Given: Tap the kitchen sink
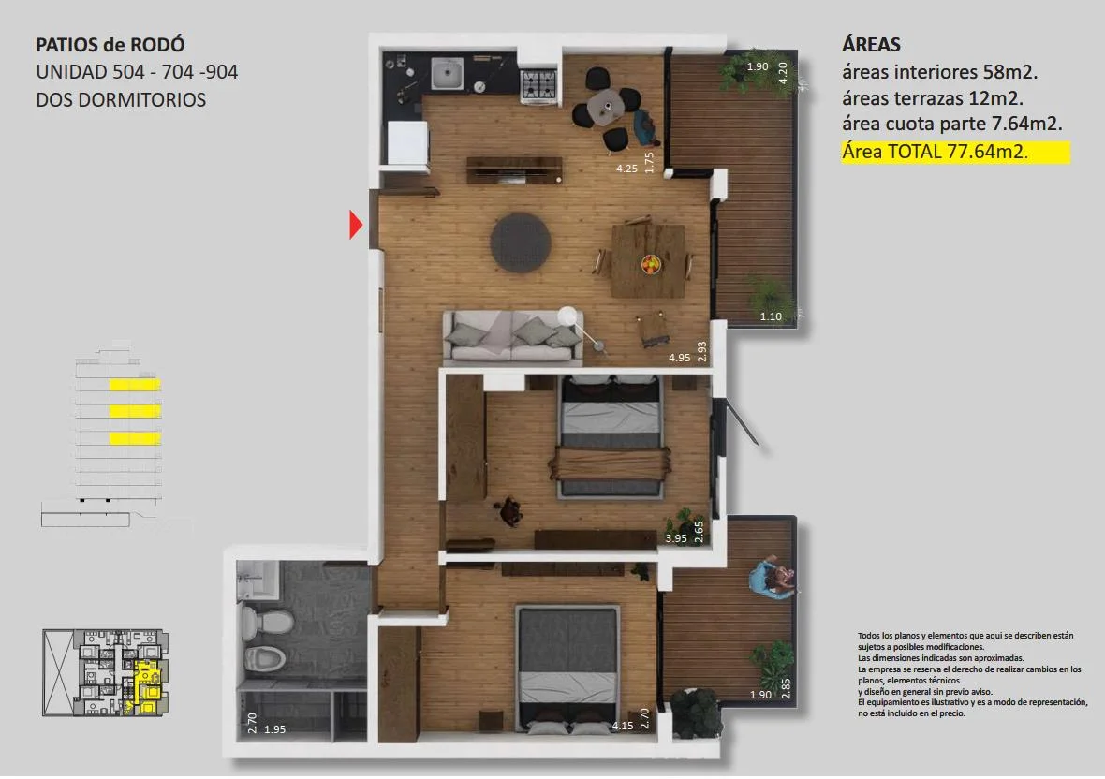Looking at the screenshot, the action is point(447,74).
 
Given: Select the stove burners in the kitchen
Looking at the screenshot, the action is point(538,85).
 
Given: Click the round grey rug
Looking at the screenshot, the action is point(521,243).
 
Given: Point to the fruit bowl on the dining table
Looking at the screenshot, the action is point(651,264).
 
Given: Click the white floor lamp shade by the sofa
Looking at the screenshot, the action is point(567,316).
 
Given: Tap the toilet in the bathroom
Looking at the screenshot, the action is point(267,621).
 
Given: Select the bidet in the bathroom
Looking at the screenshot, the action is point(264,658).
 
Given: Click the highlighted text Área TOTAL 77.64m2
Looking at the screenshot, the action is point(935,152).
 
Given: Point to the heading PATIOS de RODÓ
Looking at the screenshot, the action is point(110,45).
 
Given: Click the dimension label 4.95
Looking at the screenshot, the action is point(679,358).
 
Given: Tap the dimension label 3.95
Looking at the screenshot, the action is point(676,538).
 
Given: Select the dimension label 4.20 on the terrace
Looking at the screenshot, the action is point(782,72).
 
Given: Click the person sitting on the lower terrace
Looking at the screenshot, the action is point(773,578).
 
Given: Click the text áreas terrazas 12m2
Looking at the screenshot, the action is point(933,98).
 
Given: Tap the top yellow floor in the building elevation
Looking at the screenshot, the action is point(135,385).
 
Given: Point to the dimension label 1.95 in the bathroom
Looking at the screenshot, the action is point(274,729).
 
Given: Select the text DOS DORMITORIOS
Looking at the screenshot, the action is point(121,100).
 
